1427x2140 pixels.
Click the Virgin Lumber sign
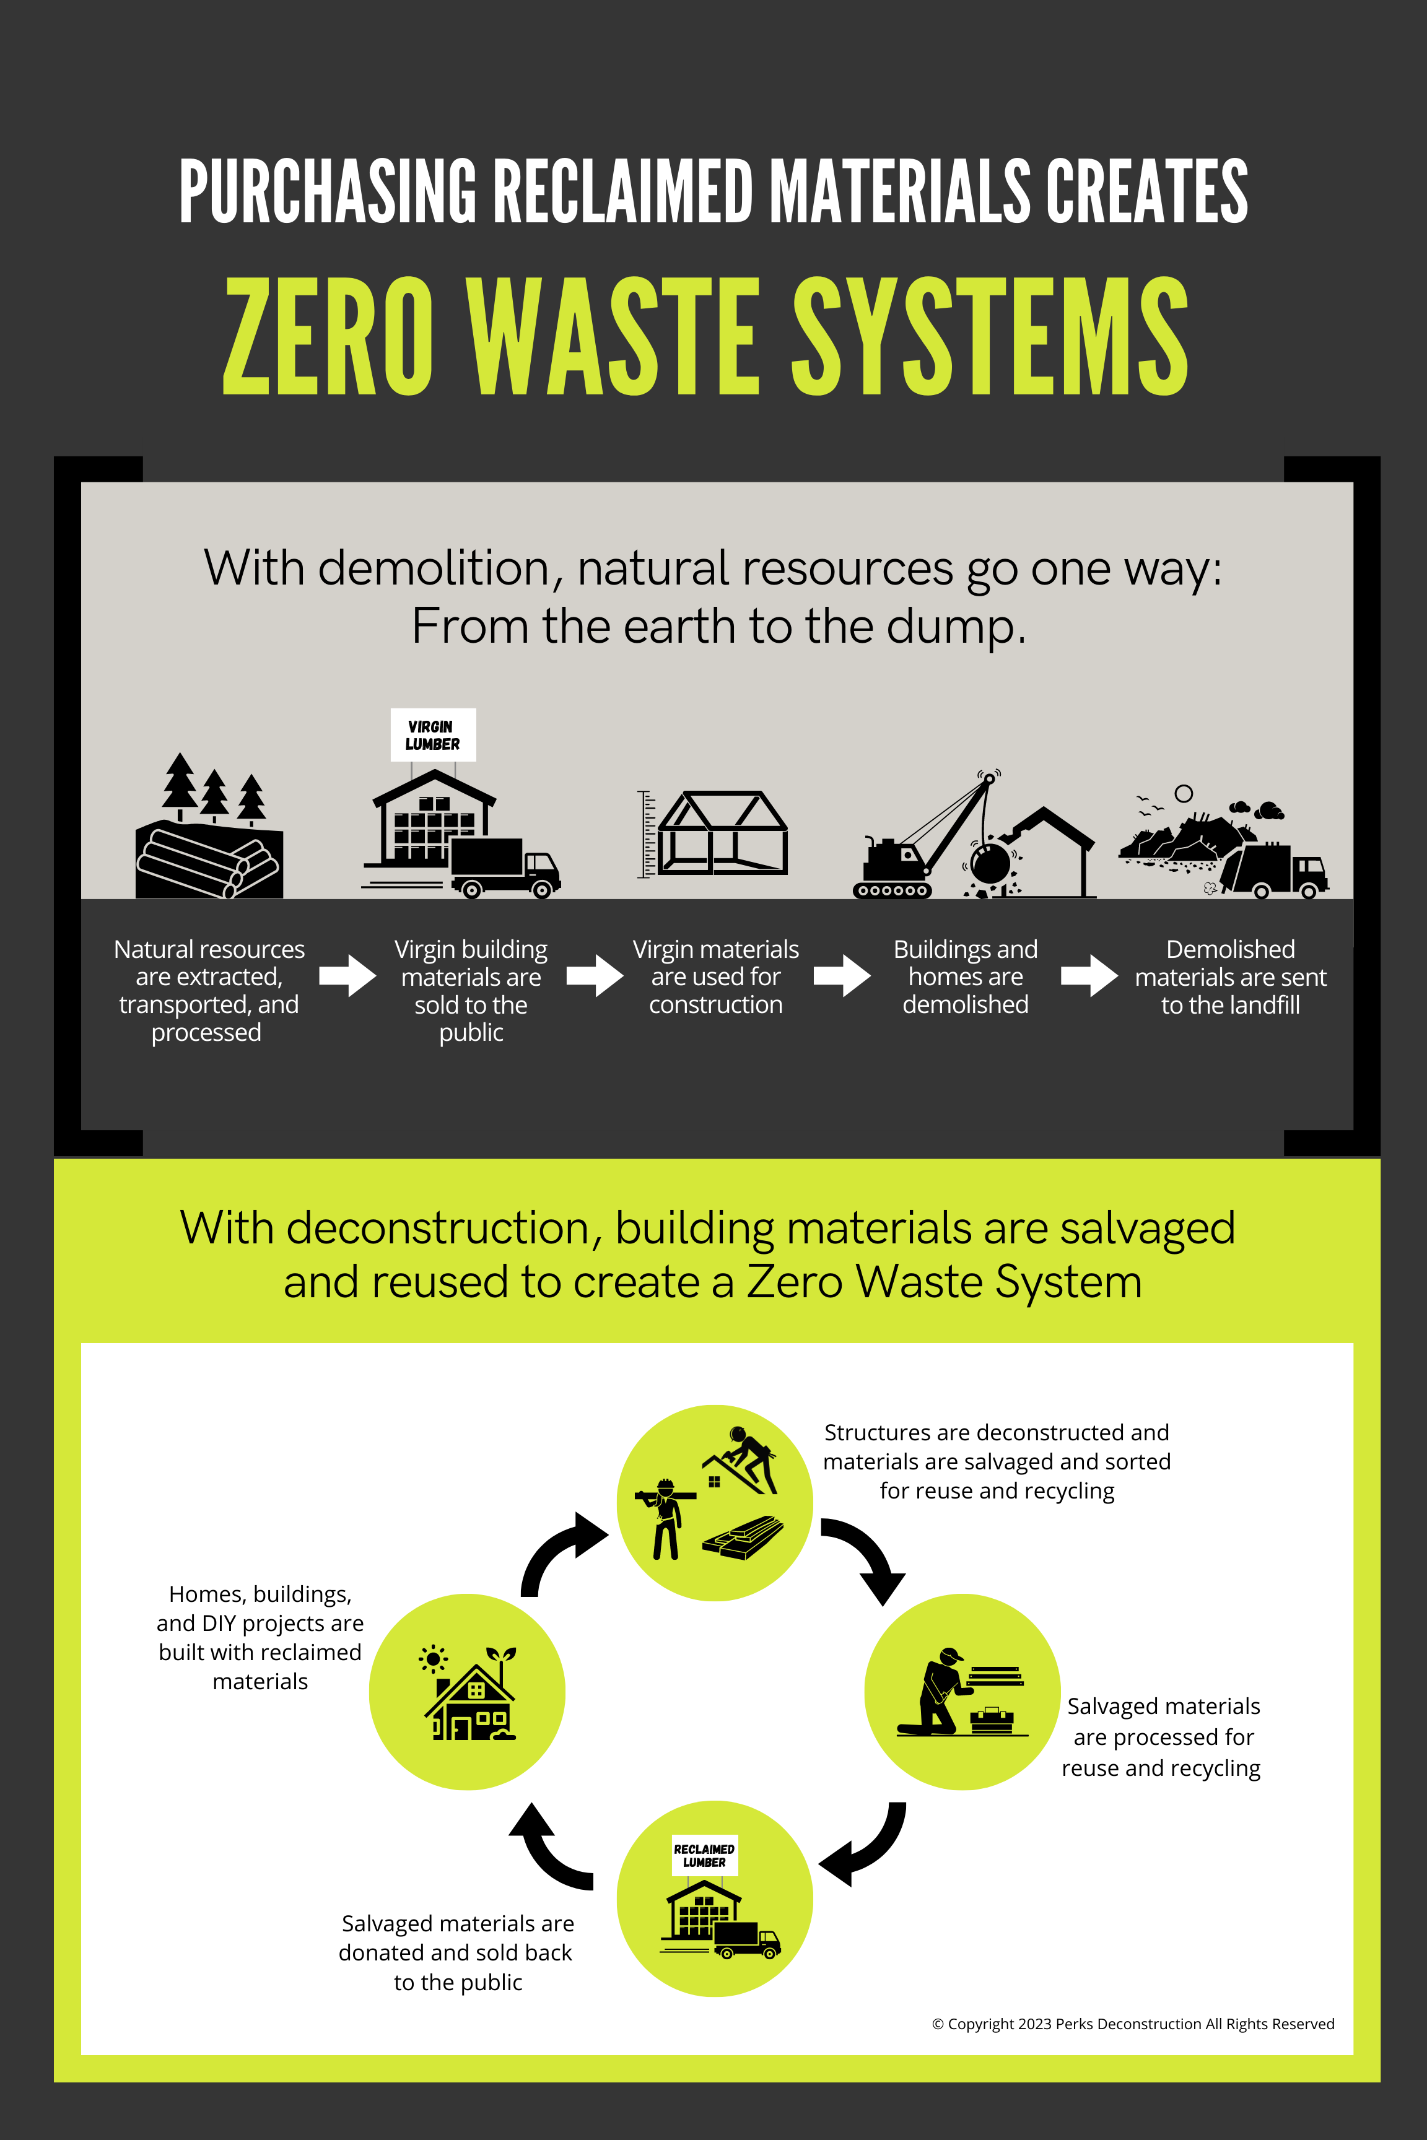(x=432, y=734)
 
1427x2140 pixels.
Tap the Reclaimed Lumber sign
(x=704, y=1855)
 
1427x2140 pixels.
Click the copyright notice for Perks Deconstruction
(x=1132, y=2024)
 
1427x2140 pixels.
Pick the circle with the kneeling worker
(x=962, y=1692)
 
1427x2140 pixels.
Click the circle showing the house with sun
(x=467, y=1692)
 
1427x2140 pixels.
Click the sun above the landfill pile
(x=1183, y=793)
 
